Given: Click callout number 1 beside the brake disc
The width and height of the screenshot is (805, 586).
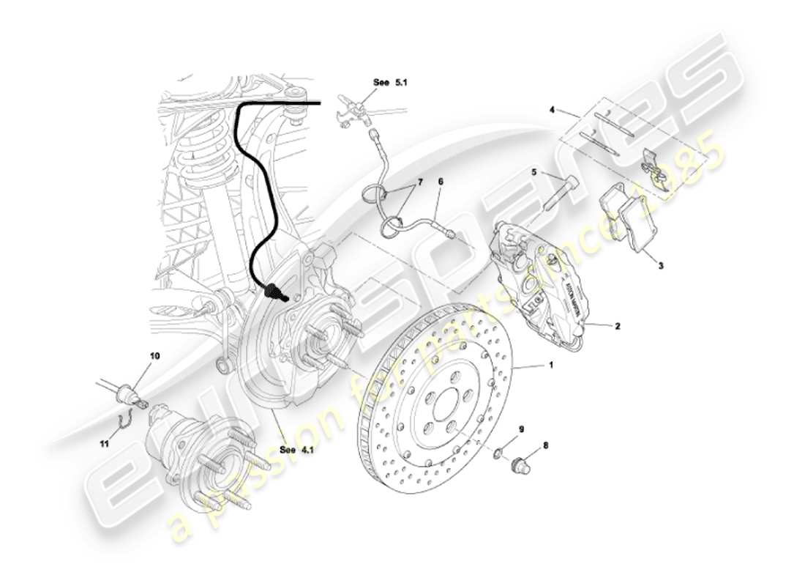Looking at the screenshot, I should pyautogui.click(x=551, y=364).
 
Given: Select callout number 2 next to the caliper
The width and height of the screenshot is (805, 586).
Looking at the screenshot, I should pyautogui.click(x=617, y=327).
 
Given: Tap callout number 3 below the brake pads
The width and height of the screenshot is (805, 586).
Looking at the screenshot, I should pyautogui.click(x=660, y=267).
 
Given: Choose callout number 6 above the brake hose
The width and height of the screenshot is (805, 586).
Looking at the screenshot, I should pyautogui.click(x=441, y=181).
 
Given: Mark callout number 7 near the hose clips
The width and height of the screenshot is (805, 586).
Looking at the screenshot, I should pyautogui.click(x=420, y=180).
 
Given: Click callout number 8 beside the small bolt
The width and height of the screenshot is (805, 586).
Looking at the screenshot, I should pyautogui.click(x=545, y=445).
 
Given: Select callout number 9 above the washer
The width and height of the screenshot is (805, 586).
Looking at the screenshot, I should pyautogui.click(x=522, y=429).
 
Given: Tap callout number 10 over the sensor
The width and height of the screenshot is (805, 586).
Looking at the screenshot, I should pyautogui.click(x=154, y=356).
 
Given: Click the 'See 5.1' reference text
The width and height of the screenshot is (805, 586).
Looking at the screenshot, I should pyautogui.click(x=389, y=84).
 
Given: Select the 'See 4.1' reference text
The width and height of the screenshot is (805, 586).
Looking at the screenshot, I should pyautogui.click(x=296, y=450).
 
